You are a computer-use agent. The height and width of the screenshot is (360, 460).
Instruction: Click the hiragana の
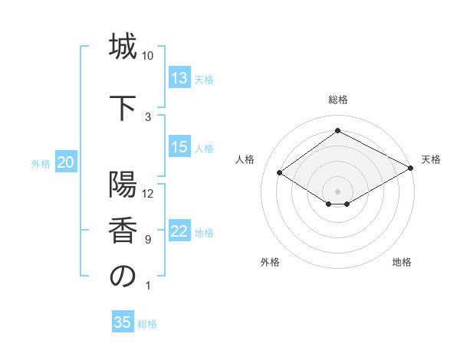(123, 276)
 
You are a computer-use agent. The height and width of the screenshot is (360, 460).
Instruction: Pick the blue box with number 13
(179, 78)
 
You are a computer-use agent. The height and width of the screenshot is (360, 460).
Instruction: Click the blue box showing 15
(179, 147)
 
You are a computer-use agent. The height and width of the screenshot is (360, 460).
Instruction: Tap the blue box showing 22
(179, 232)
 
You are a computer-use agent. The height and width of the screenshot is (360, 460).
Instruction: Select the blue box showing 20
(66, 162)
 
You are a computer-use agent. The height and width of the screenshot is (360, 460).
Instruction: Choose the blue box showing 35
(123, 322)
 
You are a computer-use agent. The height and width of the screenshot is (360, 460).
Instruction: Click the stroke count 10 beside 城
(148, 56)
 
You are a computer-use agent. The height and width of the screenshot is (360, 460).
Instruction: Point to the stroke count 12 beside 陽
(148, 193)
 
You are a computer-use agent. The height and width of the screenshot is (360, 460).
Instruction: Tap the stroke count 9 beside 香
(148, 240)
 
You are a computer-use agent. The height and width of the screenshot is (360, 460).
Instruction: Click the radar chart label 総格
(337, 100)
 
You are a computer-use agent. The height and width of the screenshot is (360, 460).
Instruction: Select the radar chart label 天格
(432, 159)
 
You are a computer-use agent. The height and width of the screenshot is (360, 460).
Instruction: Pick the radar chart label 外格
(270, 262)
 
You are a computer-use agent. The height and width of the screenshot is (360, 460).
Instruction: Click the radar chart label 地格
(402, 262)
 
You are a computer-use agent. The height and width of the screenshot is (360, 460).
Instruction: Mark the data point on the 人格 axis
(280, 173)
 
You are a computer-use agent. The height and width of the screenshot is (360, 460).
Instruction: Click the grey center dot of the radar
(337, 191)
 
